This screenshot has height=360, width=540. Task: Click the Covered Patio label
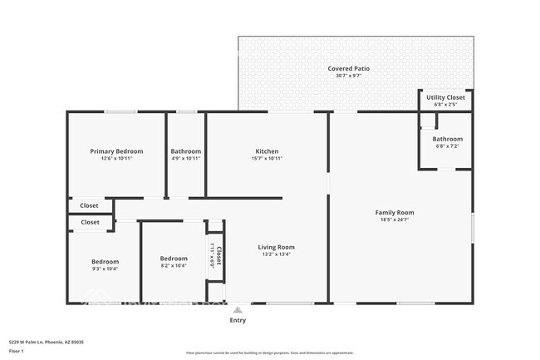click(348, 68)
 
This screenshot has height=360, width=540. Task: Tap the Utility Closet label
click(446, 97)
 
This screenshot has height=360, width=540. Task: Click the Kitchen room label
click(267, 151)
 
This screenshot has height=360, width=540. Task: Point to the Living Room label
click(276, 247)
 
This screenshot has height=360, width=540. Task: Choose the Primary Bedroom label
click(116, 151)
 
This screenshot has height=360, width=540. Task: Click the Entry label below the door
click(238, 319)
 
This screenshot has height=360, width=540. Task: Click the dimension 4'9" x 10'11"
click(186, 158)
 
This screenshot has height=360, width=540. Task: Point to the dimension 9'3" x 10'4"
click(105, 269)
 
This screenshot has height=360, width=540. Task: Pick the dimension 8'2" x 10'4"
click(174, 266)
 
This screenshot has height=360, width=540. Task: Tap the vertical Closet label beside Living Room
click(218, 254)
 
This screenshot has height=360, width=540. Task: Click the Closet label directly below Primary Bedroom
click(89, 205)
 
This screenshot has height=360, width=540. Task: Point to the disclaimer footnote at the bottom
click(269, 353)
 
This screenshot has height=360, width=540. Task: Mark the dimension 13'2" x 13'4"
click(276, 254)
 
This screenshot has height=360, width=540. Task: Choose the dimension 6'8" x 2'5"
click(446, 105)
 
